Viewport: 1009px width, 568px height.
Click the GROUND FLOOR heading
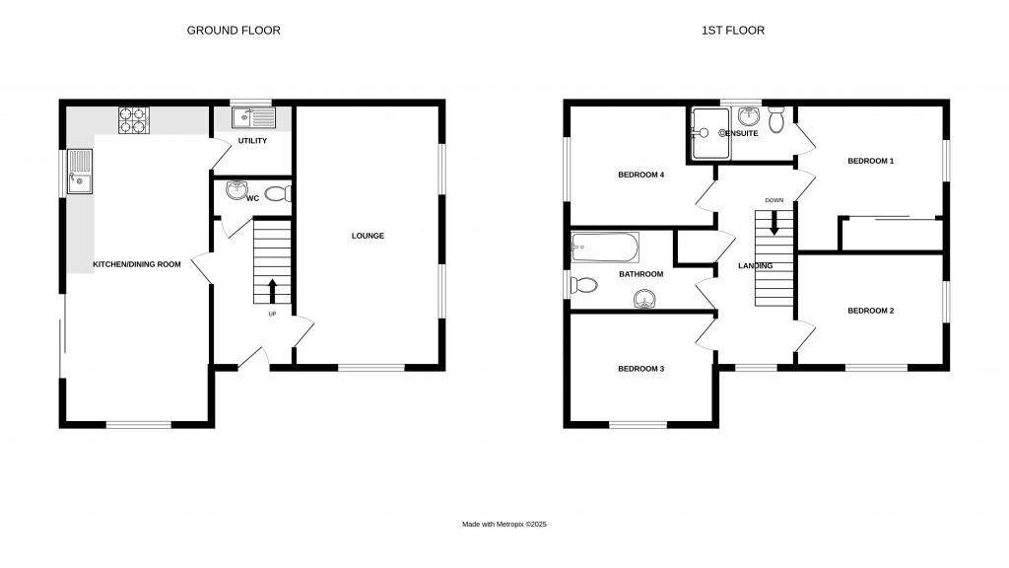pos(234,31)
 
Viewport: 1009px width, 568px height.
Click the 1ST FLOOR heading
pos(732,31)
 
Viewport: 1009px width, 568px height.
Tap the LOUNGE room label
pos(367,236)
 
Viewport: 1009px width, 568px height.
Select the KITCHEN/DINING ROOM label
pos(137,264)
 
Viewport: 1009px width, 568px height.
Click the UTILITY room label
pos(252,141)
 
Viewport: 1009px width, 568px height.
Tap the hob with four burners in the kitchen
pos(133,119)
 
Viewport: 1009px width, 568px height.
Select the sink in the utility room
pos(254,118)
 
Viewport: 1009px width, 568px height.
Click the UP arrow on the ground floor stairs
pos(273,290)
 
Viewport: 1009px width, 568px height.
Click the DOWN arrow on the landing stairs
pos(774,223)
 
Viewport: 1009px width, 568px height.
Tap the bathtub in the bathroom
pos(604,245)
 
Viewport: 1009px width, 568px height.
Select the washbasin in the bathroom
pos(646,298)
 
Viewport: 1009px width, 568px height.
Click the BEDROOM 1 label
pos(870,160)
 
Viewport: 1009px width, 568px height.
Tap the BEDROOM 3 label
pos(640,369)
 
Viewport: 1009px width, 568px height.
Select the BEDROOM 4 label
pos(640,175)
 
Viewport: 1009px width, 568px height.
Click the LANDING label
pos(754,266)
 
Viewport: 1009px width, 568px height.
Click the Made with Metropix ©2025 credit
pos(504,525)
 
